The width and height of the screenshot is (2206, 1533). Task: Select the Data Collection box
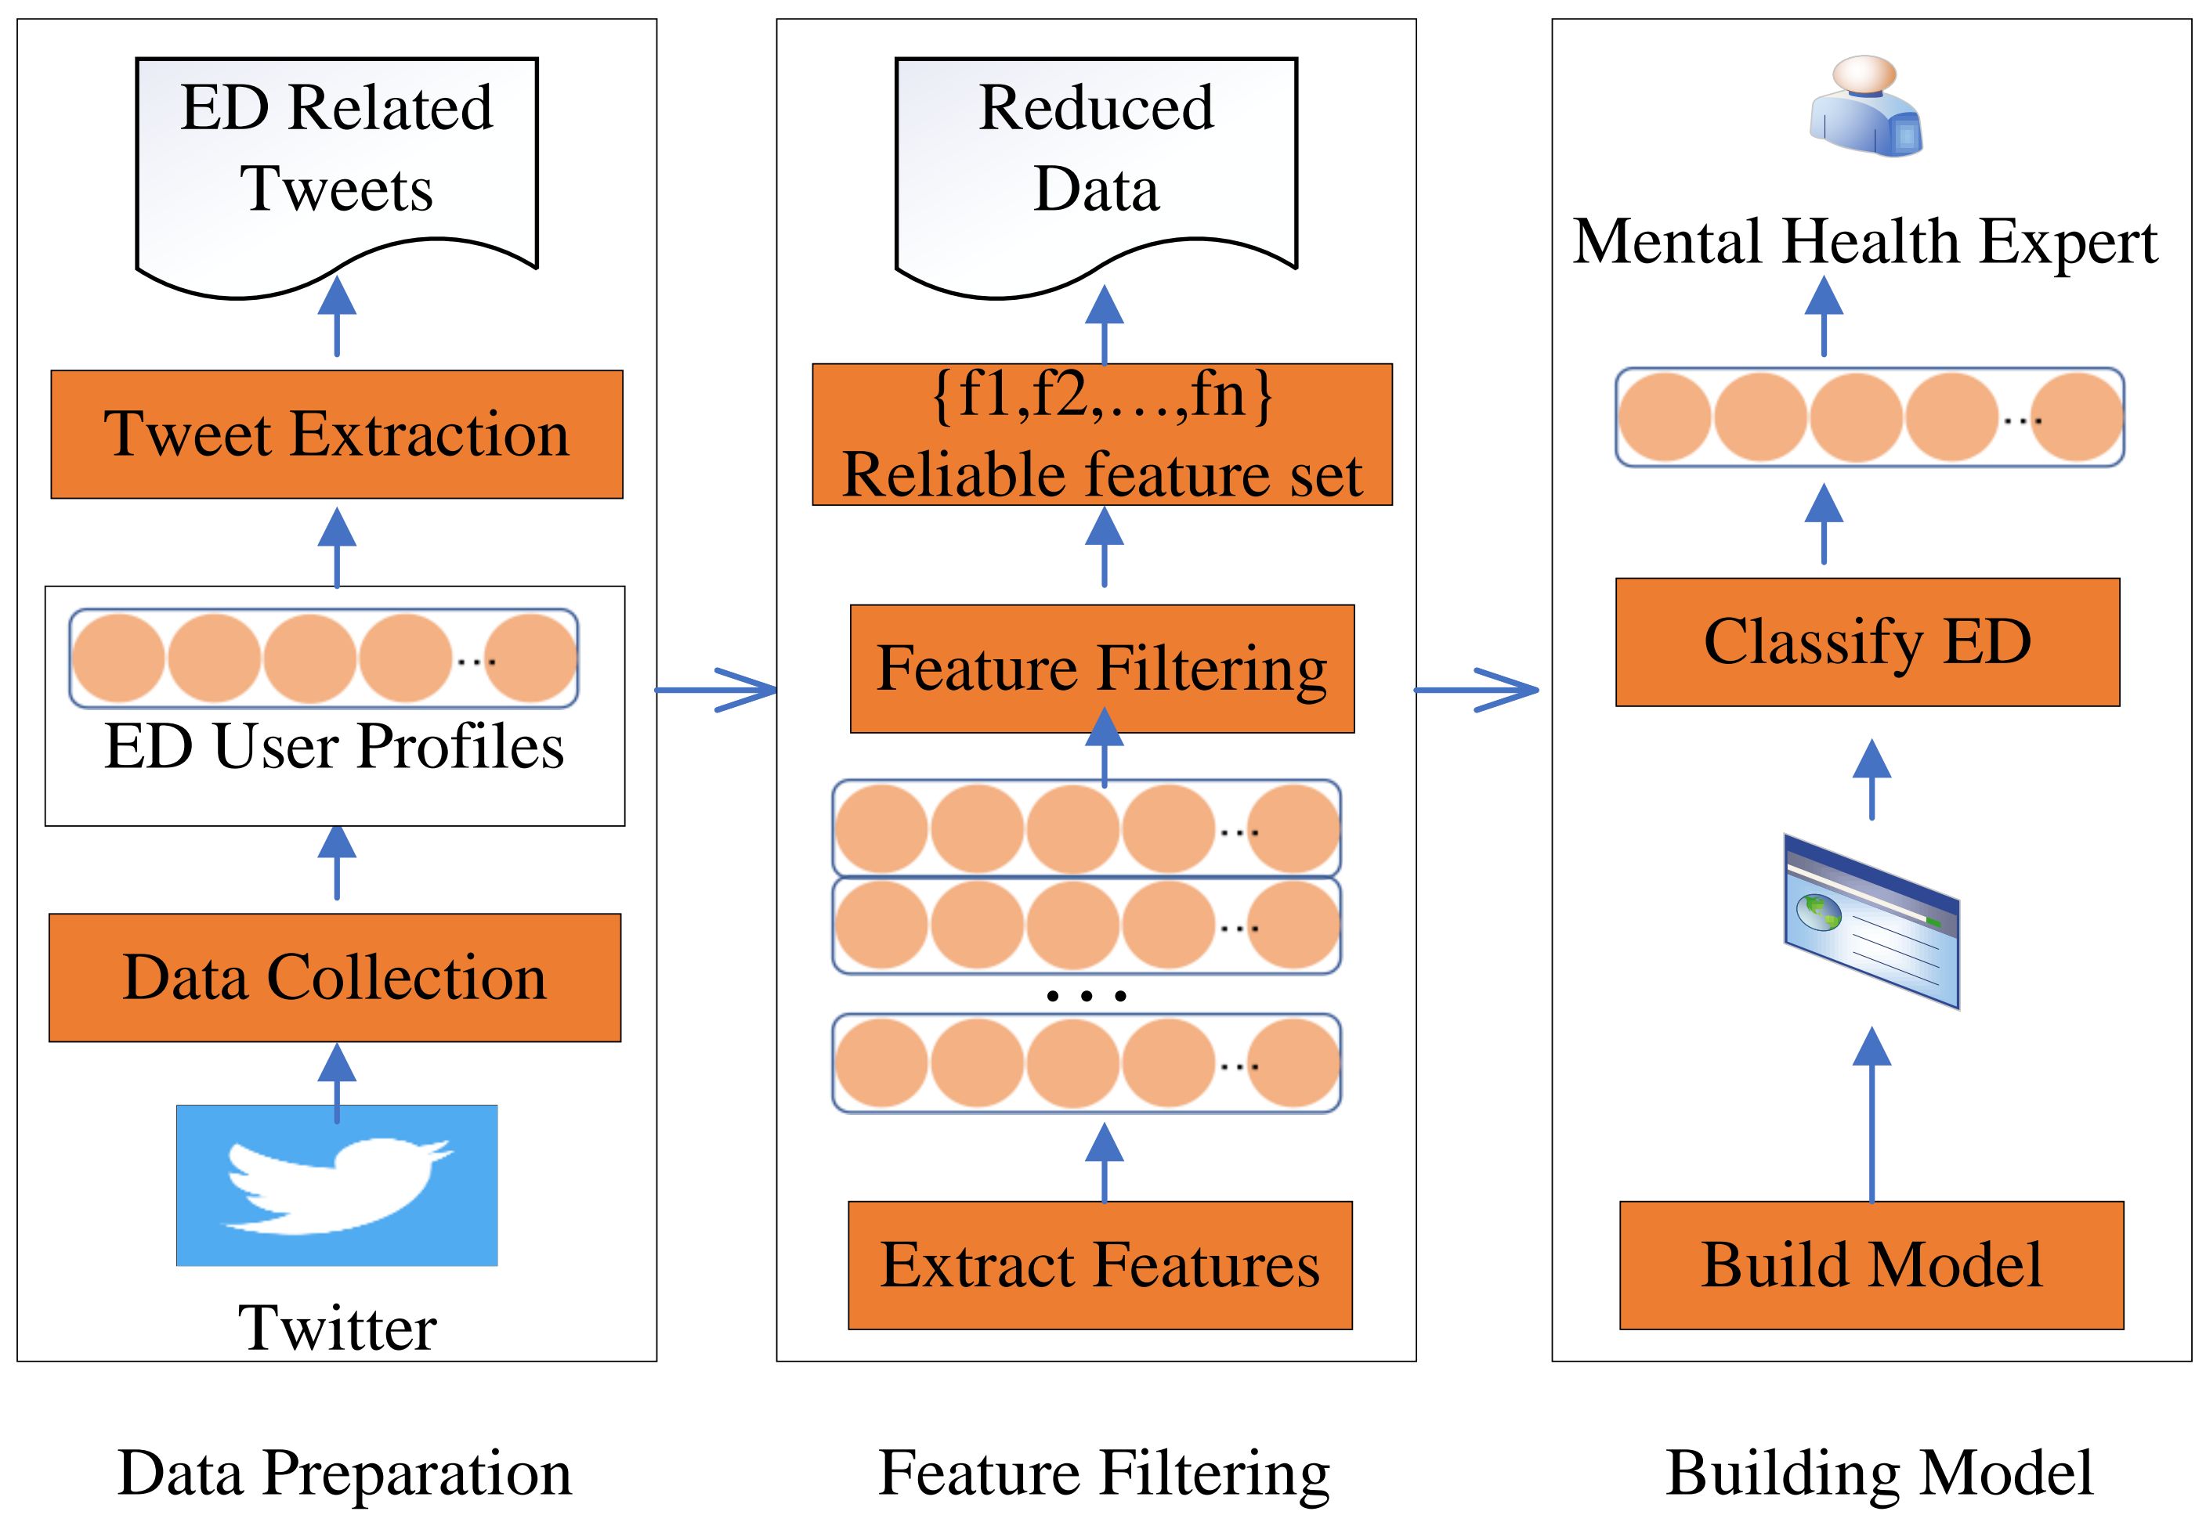(x=335, y=977)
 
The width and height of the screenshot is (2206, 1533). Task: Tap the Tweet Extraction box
(x=336, y=435)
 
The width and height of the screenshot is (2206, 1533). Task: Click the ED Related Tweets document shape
(x=336, y=164)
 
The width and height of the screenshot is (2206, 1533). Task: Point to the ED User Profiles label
(x=334, y=747)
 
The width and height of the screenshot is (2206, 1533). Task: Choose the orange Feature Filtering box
(x=1102, y=669)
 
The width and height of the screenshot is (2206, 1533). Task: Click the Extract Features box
(x=1100, y=1265)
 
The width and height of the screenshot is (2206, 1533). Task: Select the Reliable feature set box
(x=1102, y=435)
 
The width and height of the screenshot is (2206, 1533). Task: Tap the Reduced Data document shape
(x=1096, y=164)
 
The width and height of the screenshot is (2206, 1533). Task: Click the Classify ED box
(x=1867, y=642)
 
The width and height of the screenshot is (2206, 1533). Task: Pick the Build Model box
(x=1871, y=1265)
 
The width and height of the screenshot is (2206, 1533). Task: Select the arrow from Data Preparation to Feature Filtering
(x=717, y=690)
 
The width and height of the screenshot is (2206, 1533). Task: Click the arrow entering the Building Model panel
(x=1477, y=690)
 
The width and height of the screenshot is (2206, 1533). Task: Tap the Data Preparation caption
(x=344, y=1473)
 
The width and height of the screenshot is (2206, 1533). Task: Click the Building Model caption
(x=1879, y=1473)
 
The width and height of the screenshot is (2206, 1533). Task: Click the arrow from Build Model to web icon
(x=1871, y=1114)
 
